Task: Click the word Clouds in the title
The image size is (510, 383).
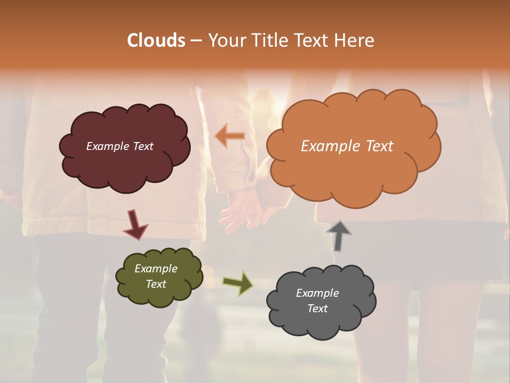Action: click(156, 40)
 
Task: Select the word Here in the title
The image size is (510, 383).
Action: click(356, 40)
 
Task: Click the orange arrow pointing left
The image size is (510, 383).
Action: click(230, 136)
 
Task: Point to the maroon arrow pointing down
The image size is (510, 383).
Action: click(135, 224)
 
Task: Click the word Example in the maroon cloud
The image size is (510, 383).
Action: click(107, 146)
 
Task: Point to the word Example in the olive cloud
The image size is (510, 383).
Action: click(156, 269)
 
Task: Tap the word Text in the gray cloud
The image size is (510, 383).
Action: click(317, 309)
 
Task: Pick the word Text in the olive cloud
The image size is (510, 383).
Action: click(156, 284)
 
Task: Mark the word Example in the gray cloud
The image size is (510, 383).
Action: click(317, 293)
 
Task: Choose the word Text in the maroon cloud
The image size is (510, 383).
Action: click(142, 146)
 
